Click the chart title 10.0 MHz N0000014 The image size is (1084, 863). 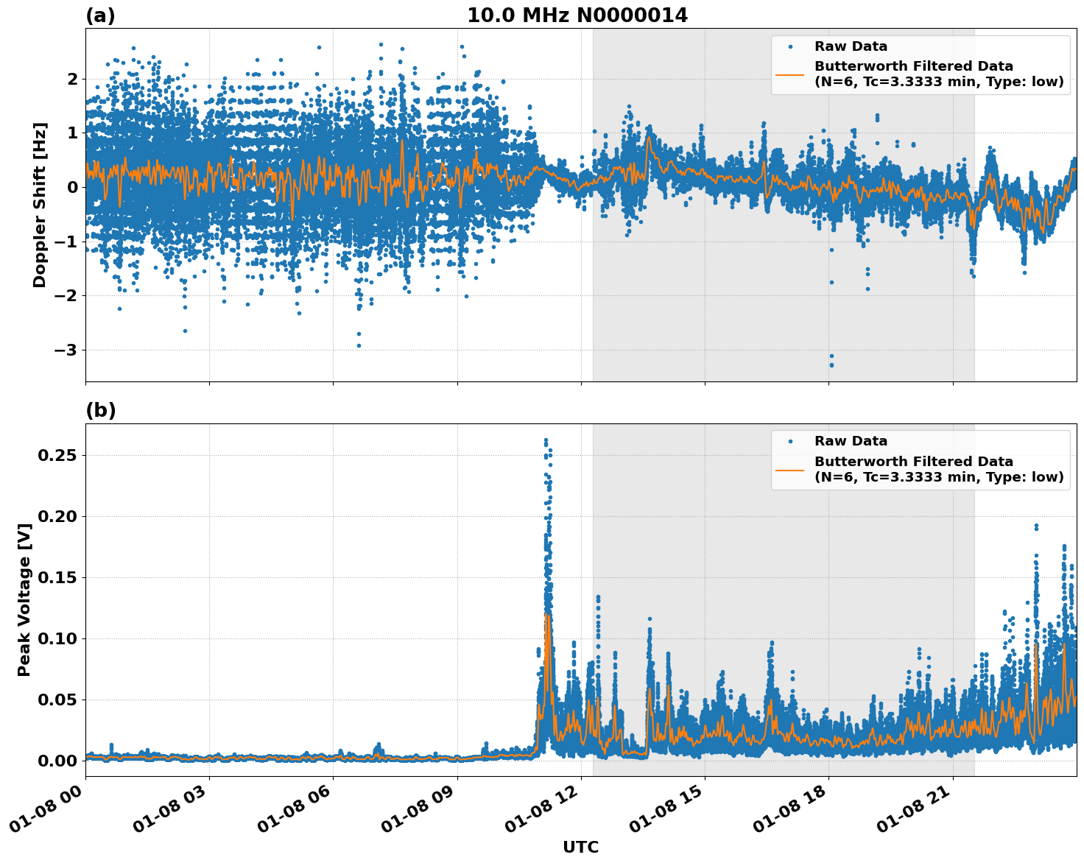click(x=577, y=15)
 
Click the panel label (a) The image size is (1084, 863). click(x=100, y=15)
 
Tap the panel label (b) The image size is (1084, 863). click(x=100, y=410)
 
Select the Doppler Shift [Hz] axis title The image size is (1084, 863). click(x=40, y=205)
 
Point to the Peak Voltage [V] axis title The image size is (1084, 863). click(x=24, y=600)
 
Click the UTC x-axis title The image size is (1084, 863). click(x=580, y=847)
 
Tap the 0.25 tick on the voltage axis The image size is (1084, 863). click(x=57, y=455)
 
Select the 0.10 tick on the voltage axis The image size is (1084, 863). click(x=57, y=638)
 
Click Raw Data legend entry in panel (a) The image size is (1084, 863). click(x=851, y=46)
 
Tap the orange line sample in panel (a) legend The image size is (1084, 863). click(x=790, y=74)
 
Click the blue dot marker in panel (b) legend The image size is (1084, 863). click(x=790, y=441)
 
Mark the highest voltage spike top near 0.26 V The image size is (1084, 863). click(x=546, y=440)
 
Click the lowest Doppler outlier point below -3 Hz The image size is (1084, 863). click(x=831, y=364)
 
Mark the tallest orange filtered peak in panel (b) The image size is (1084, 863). click(x=546, y=614)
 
